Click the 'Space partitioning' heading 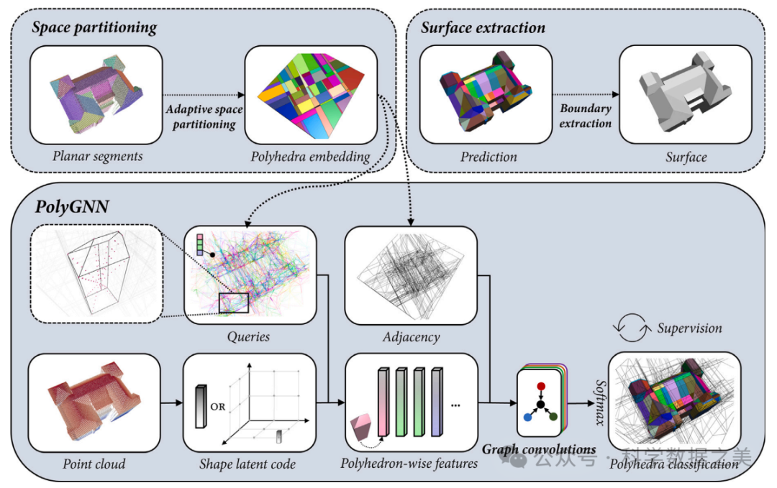pyautogui.click(x=94, y=29)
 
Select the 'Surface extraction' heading pyautogui.click(x=483, y=29)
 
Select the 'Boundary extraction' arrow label pyautogui.click(x=586, y=116)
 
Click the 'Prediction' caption pyautogui.click(x=489, y=156)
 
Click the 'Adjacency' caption pyautogui.click(x=412, y=336)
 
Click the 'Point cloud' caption pyautogui.click(x=94, y=464)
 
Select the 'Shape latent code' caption pyautogui.click(x=248, y=464)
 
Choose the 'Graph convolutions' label pyautogui.click(x=539, y=449)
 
